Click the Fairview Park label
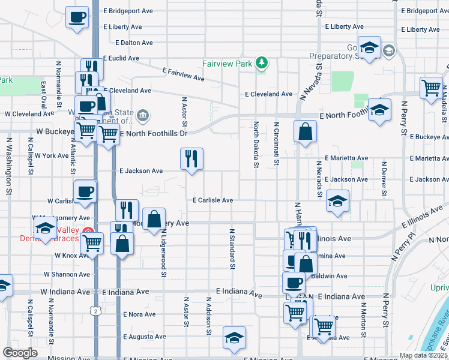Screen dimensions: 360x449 (228, 62)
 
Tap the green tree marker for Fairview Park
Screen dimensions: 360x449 (261, 62)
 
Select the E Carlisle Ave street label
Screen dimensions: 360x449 (212, 200)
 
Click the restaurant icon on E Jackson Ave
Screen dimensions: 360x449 (191, 159)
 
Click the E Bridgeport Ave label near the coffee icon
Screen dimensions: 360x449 (128, 11)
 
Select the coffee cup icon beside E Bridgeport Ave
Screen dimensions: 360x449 (77, 17)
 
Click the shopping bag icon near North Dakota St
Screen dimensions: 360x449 (305, 131)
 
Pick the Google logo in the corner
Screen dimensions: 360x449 (20, 353)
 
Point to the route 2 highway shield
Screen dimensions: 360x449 (95, 310)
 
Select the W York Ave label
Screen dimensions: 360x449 (52, 155)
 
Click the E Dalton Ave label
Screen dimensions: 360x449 (128, 43)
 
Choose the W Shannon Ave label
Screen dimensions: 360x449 (67, 274)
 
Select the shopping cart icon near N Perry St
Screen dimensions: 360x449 (431, 88)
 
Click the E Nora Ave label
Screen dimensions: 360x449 (139, 314)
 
